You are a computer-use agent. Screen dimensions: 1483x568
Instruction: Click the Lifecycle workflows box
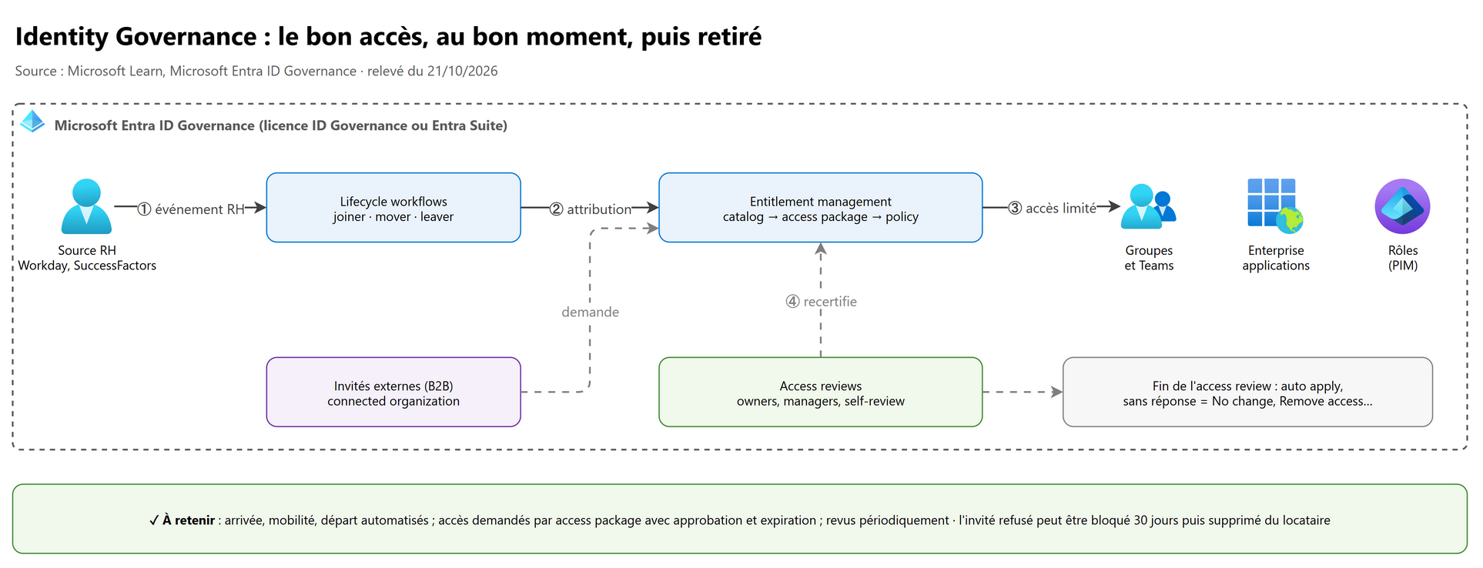(x=393, y=208)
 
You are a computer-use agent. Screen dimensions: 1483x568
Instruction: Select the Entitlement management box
(x=821, y=208)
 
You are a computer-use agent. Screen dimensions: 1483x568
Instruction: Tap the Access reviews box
(x=821, y=393)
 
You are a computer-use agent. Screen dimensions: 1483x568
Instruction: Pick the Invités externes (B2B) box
(x=393, y=393)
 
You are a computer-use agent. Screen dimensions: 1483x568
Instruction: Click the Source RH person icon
(x=86, y=206)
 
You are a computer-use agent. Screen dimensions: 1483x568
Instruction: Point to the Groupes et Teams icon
(x=1149, y=206)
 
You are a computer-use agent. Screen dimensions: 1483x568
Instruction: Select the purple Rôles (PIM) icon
(x=1402, y=206)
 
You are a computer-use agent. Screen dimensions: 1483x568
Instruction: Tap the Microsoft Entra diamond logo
(x=32, y=122)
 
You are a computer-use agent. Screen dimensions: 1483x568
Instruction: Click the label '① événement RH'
(x=191, y=209)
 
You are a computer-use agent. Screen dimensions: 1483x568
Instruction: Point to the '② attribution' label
(x=591, y=209)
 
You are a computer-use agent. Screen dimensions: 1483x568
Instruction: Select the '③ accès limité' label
(x=1052, y=208)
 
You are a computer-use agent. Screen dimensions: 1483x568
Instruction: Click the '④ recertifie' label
(x=821, y=302)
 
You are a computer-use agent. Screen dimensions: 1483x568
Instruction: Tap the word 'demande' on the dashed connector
(x=591, y=312)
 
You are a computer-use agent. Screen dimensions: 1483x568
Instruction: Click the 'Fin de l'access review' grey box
(x=1247, y=393)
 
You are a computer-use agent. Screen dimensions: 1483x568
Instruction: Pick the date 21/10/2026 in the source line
(x=463, y=72)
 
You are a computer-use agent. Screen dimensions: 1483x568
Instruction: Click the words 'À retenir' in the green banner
(x=189, y=520)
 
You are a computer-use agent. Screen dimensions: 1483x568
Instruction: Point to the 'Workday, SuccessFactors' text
(x=87, y=266)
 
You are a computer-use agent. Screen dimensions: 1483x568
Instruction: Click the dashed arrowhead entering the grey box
(x=1057, y=393)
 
